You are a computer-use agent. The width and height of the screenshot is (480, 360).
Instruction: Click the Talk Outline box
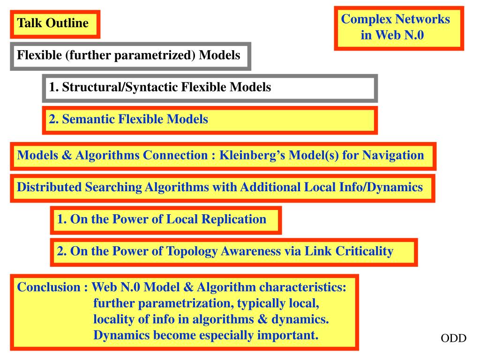55,24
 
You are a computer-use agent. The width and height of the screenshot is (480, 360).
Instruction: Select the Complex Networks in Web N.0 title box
399,28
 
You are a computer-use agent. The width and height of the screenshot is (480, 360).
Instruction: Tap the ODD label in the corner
453,338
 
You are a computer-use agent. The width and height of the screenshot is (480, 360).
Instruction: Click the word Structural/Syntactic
120,87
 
